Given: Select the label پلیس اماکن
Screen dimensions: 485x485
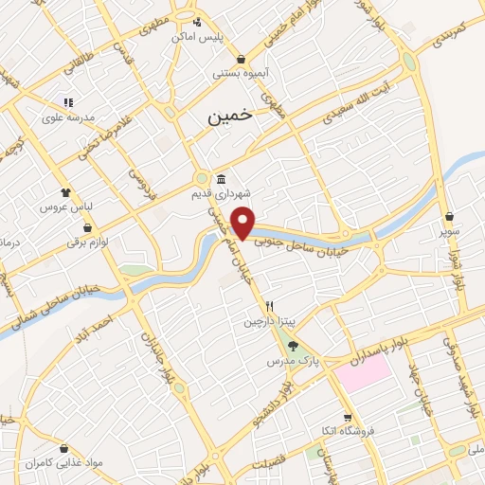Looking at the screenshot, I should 196,36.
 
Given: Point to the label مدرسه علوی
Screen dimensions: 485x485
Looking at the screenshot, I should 66,118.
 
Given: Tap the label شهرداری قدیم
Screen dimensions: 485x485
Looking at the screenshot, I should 221,194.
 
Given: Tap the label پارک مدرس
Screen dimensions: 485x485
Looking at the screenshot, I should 292,361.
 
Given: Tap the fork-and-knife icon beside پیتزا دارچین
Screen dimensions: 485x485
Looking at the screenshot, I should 270,307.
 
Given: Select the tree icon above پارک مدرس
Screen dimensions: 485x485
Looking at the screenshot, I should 292,347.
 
